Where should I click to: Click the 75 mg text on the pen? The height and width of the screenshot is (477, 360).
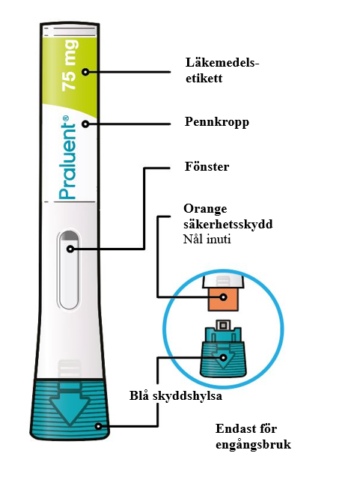(x=69, y=65)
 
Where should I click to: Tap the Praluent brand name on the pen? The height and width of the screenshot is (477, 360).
(x=67, y=157)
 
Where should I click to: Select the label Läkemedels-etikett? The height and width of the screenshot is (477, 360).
(x=222, y=70)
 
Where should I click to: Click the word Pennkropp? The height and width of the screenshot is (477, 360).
(x=217, y=122)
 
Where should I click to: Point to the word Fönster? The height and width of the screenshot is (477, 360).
(x=207, y=166)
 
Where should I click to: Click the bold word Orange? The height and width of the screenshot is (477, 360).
(x=205, y=209)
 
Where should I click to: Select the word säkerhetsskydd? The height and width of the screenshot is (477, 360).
(x=228, y=224)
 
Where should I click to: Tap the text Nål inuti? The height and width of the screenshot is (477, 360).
(x=207, y=239)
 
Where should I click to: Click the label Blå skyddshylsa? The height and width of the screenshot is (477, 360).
(x=176, y=396)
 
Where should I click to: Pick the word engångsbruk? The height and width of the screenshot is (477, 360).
(x=253, y=445)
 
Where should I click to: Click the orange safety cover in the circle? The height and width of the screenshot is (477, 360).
(x=223, y=300)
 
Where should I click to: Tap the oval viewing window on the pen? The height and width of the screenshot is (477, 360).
(x=69, y=270)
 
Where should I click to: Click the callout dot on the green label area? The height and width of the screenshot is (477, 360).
(x=86, y=72)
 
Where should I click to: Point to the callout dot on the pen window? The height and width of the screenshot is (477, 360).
(x=70, y=249)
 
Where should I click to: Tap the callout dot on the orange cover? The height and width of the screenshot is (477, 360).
(x=224, y=297)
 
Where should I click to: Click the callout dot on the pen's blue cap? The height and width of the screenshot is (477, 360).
(x=98, y=426)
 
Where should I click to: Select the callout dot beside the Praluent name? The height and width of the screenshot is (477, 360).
(x=86, y=124)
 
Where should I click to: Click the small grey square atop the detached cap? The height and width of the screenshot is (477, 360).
(x=223, y=325)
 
